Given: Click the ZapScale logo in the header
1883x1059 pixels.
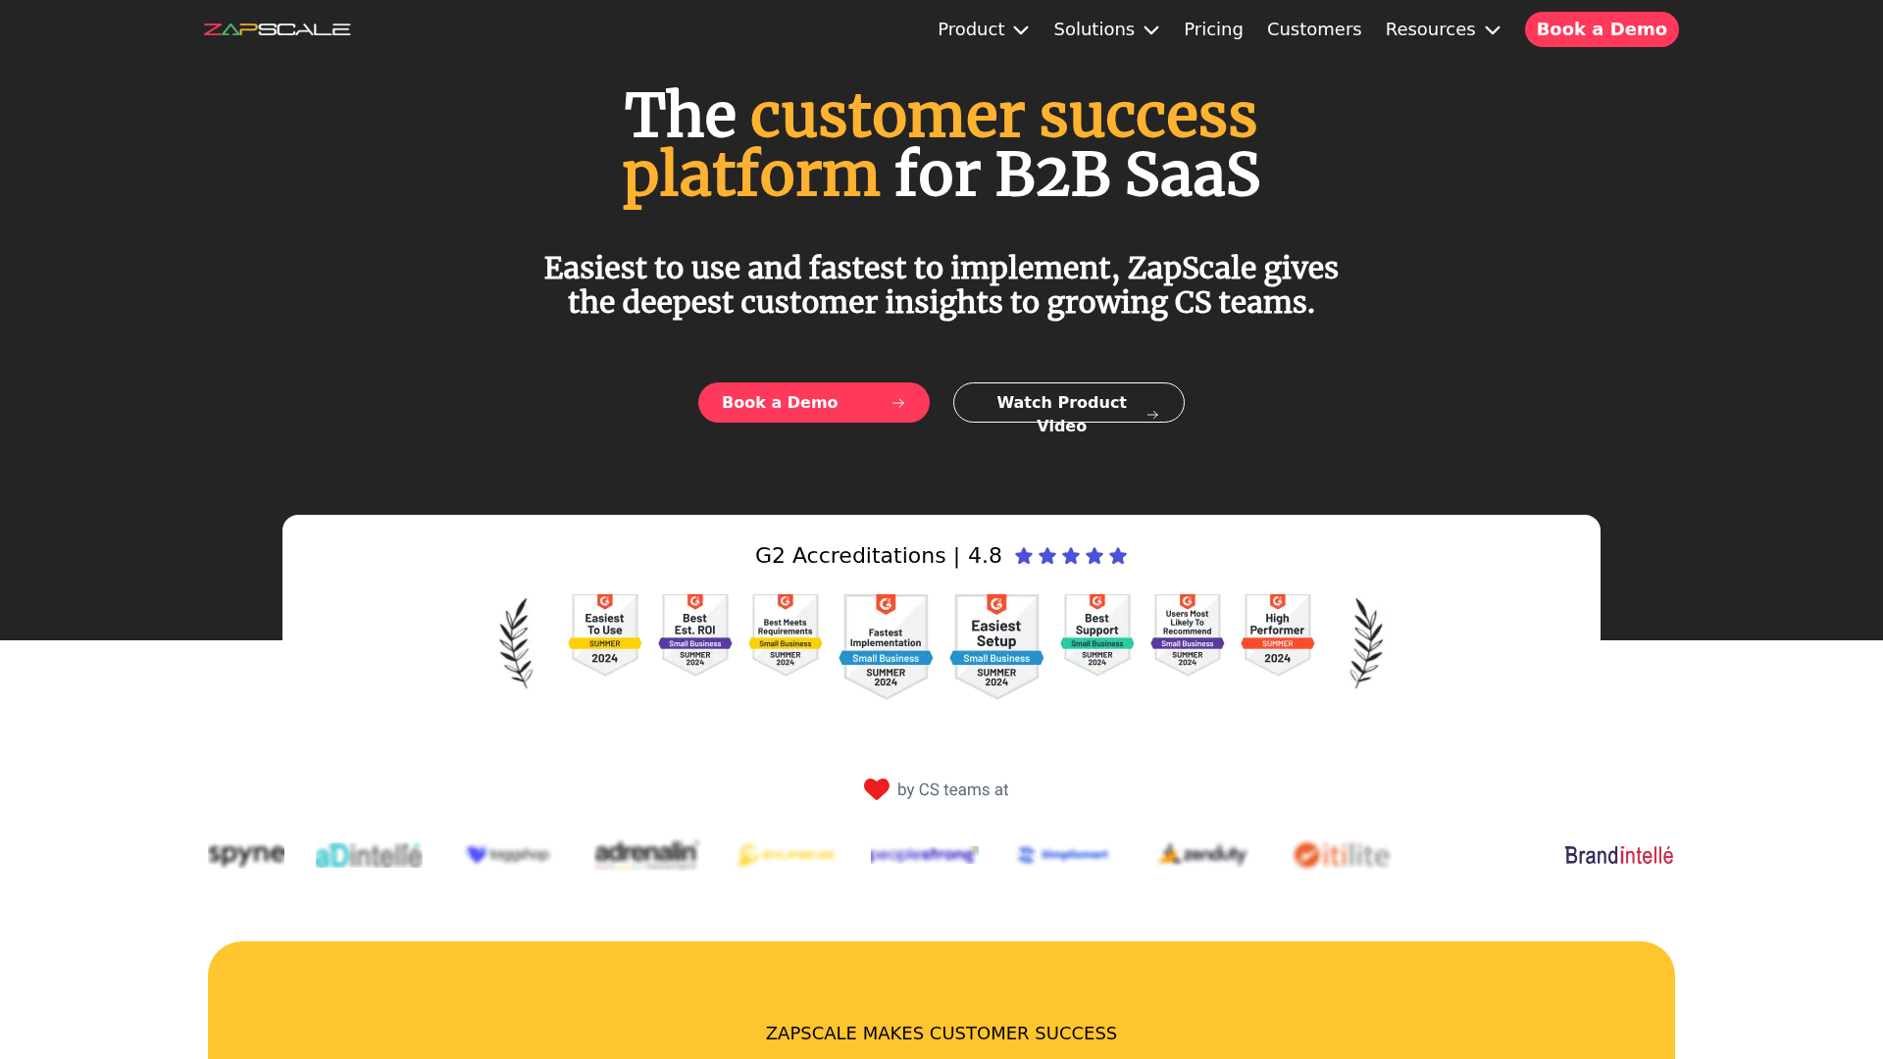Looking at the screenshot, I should [x=277, y=29].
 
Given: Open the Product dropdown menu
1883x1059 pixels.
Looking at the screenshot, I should [x=983, y=29].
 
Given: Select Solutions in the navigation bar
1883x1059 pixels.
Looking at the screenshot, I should [x=1106, y=29].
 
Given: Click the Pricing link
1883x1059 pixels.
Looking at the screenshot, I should [x=1213, y=29].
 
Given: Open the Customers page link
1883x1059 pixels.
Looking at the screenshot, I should [x=1314, y=29].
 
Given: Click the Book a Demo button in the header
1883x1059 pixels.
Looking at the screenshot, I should [x=1602, y=29].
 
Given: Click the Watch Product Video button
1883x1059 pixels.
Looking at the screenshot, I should [x=1068, y=403].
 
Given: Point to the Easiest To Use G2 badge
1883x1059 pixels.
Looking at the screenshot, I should [x=605, y=634].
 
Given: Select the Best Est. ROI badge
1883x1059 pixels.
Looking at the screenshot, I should [x=695, y=634].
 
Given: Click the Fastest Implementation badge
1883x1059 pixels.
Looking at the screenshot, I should [x=886, y=645].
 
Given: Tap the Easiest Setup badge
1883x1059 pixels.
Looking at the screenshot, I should [x=996, y=645].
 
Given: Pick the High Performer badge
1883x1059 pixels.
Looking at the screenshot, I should [x=1277, y=634].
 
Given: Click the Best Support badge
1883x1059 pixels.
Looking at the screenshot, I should [x=1097, y=634].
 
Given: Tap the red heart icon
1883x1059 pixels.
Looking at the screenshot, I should [x=876, y=789].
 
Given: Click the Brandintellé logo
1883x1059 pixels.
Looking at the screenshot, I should [x=1619, y=855].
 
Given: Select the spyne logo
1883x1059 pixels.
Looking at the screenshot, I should [x=246, y=854].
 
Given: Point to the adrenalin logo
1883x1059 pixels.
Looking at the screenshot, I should [x=646, y=854].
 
